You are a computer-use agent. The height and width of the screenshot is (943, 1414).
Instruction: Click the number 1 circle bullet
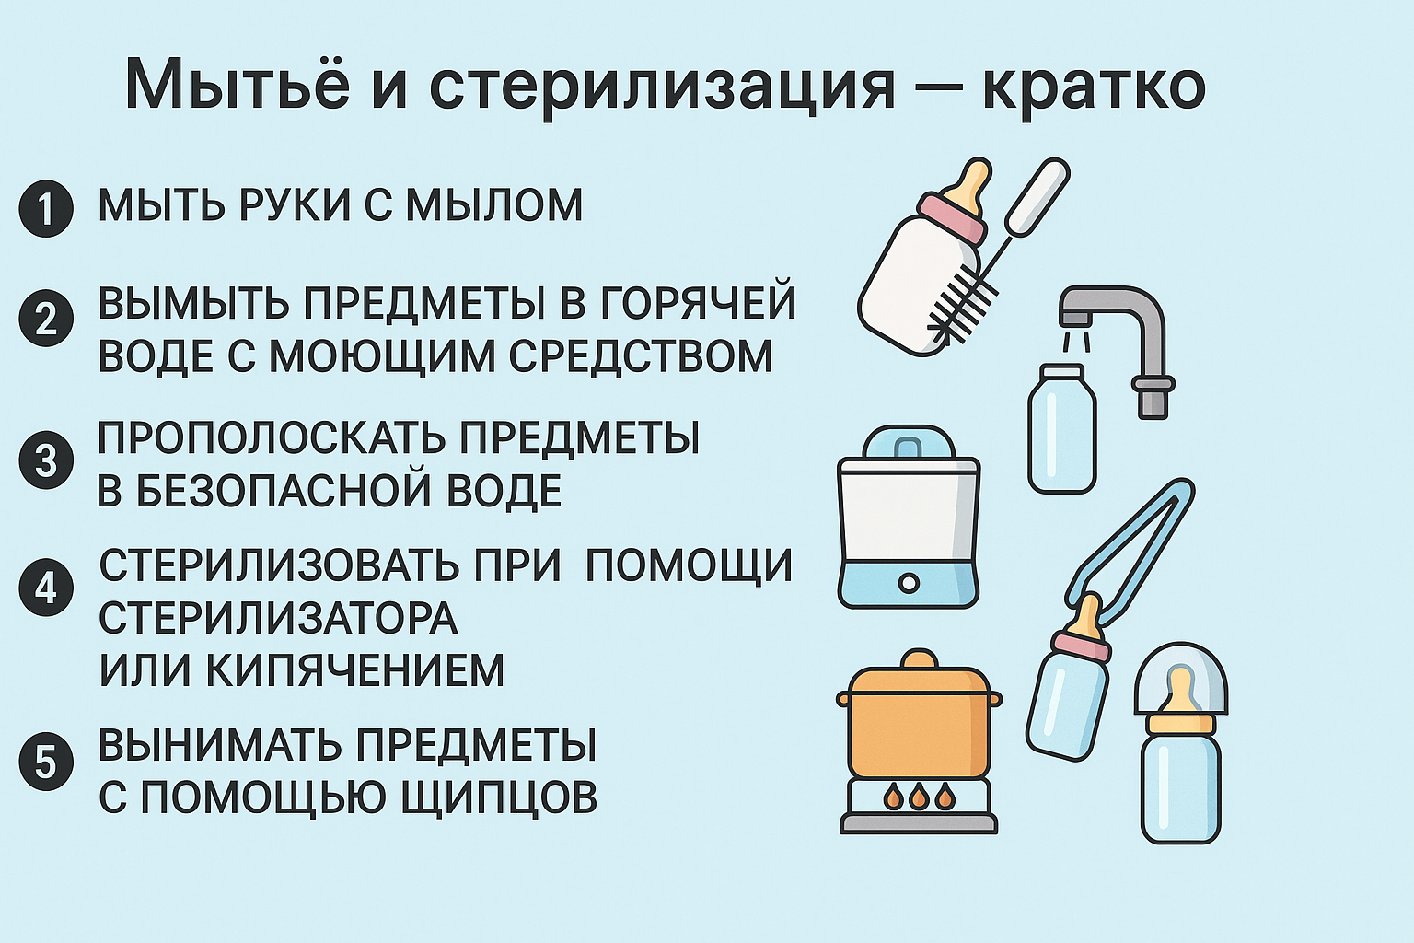[46, 209]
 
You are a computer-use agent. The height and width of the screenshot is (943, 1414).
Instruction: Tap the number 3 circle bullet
[46, 460]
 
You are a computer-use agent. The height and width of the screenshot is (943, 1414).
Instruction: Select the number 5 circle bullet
[46, 763]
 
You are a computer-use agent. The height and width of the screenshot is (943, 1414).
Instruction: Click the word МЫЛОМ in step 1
[494, 204]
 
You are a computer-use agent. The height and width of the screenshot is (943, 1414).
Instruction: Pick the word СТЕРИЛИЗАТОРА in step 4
[278, 618]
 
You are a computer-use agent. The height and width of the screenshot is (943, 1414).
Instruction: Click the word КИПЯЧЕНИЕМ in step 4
[354, 670]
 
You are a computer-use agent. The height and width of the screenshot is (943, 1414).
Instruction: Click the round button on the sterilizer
[909, 583]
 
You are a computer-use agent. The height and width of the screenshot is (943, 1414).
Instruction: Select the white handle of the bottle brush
[1037, 195]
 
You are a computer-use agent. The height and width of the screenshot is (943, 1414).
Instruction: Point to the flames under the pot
[919, 796]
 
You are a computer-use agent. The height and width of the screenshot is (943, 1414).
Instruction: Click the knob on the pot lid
[919, 659]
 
